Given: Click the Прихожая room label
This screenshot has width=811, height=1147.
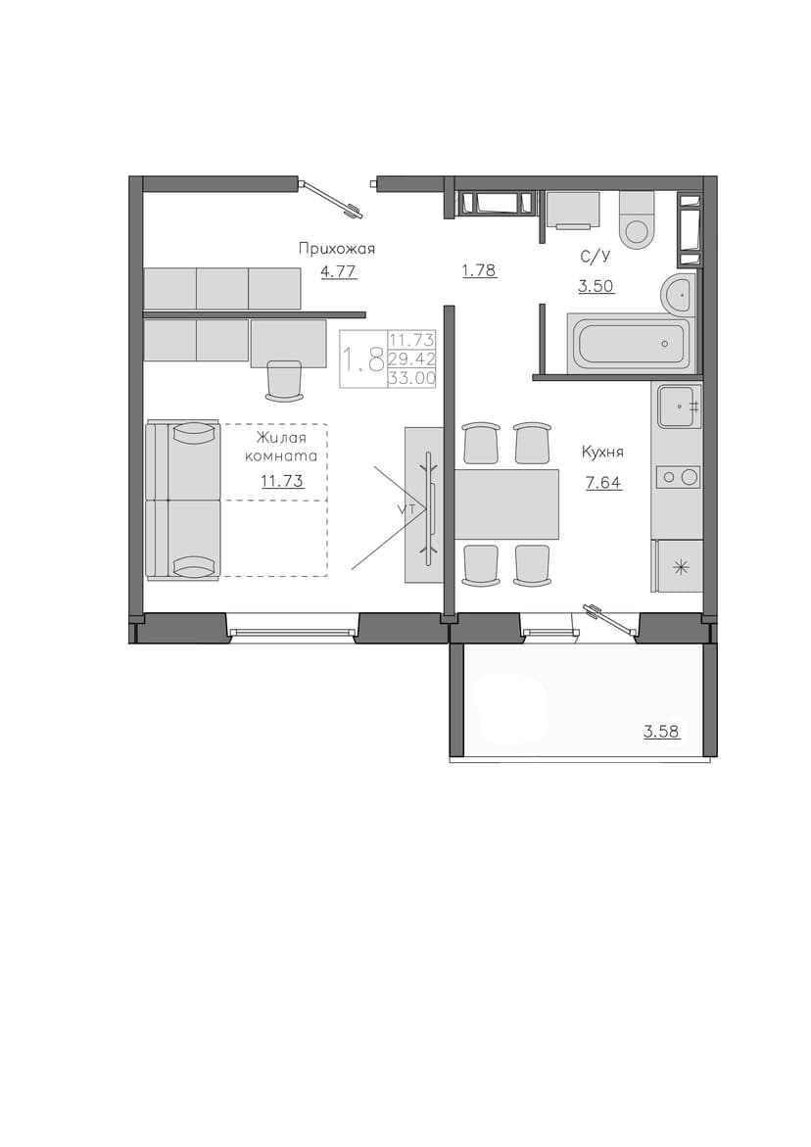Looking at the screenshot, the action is click(336, 249).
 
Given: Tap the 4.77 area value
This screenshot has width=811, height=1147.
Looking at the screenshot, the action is click(339, 272).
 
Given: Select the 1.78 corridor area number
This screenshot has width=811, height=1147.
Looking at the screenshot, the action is click(479, 270).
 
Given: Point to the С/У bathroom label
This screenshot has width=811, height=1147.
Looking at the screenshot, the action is click(596, 256).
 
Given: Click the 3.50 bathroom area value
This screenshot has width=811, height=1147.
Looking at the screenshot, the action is click(596, 286).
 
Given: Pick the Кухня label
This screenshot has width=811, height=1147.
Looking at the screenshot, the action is click(602, 453).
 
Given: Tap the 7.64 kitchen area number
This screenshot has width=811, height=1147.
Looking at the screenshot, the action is click(604, 483).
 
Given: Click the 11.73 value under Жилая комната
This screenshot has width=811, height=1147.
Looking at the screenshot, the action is click(282, 481).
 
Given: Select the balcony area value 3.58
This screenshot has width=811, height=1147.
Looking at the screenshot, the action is click(662, 731).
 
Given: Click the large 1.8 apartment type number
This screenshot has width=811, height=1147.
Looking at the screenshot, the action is click(364, 359).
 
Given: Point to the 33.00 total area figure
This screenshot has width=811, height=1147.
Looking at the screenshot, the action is click(412, 378).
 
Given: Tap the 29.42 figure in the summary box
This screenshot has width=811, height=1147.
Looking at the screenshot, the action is click(412, 358).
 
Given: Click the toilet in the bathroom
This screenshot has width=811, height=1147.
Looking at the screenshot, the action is click(635, 219).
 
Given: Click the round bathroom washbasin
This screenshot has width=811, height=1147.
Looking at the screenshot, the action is click(678, 295).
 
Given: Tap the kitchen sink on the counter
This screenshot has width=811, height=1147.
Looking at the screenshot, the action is click(680, 406).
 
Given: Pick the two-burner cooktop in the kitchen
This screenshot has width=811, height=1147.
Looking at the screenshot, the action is click(677, 478).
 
